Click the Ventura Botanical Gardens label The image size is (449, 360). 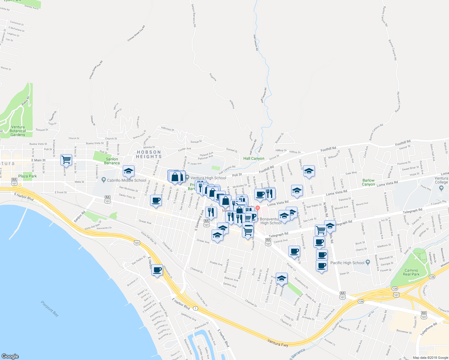[x=18, y=131]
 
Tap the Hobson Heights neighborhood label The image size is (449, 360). [x=149, y=154]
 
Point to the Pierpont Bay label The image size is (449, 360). [x=50, y=309]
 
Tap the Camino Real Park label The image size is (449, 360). [x=411, y=272]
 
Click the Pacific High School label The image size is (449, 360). [x=347, y=263]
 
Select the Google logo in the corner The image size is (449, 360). [x=10, y=356]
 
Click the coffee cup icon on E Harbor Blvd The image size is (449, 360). [x=157, y=270]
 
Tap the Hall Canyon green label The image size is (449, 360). [x=254, y=158]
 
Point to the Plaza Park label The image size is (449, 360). [x=27, y=176]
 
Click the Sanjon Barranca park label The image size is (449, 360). [x=112, y=161]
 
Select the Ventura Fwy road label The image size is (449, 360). [x=278, y=343]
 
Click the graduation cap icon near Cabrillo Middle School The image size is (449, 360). [x=128, y=171]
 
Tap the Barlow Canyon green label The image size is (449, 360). [x=369, y=182]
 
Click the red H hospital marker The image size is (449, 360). [x=258, y=208]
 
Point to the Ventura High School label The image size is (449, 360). [x=208, y=178]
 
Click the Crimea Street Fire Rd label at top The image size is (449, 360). [x=136, y=34]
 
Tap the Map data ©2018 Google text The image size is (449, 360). [x=430, y=358]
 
